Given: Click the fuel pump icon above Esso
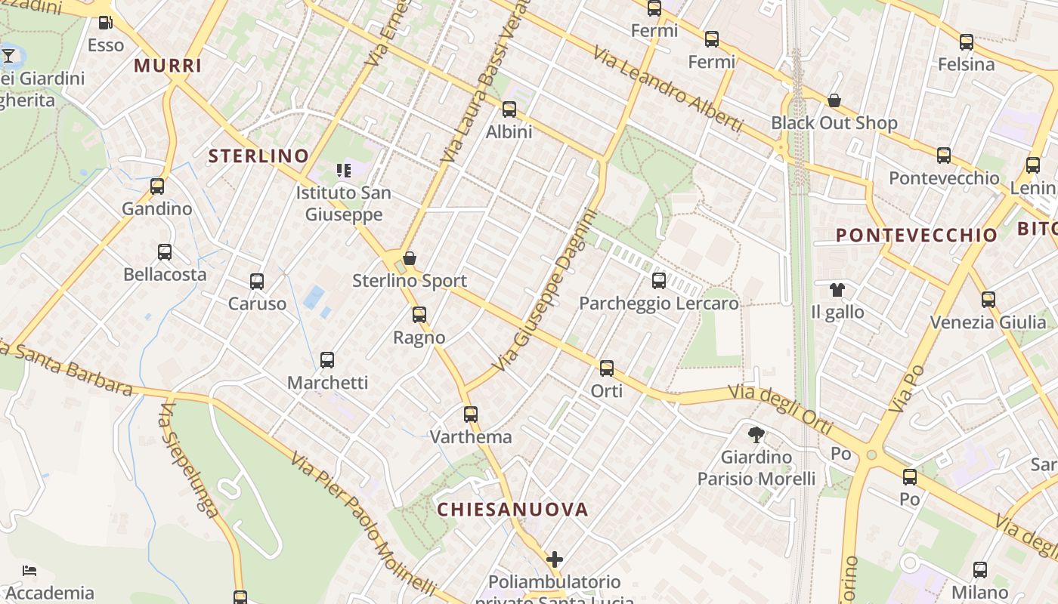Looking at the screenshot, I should [106, 23].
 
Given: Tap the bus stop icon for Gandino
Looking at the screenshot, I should [157, 186].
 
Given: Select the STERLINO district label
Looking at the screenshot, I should [258, 156].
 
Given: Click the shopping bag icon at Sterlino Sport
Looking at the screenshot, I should [410, 258].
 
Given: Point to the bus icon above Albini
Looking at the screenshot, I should [509, 109].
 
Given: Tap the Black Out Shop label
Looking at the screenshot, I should [834, 123].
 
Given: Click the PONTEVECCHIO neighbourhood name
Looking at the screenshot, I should [917, 235].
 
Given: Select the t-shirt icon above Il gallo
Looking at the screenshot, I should [837, 289].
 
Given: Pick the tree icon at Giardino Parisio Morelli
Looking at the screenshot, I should [756, 434].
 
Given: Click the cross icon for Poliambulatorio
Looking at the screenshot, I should [555, 559].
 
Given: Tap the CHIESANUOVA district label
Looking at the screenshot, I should [512, 509].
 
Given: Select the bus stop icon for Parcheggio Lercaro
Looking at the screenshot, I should [659, 281].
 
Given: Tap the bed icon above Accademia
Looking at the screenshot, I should [29, 571].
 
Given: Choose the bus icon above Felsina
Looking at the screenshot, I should [967, 42].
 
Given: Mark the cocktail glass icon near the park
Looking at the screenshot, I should [8, 55].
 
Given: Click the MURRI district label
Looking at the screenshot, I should [168, 66].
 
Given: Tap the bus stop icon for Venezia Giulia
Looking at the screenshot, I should [988, 300].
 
